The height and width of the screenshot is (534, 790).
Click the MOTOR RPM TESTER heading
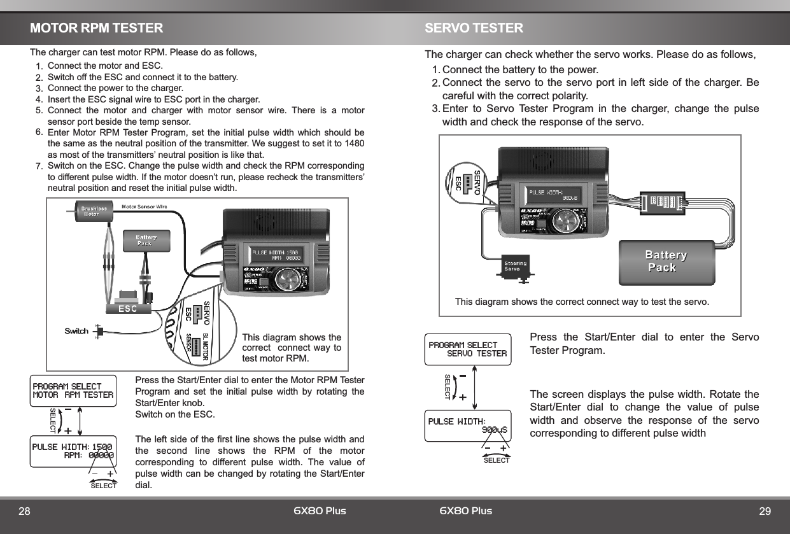coord(96,29)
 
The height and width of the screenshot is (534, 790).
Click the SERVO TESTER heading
coord(474,29)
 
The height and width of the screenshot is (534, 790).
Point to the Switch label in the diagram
coord(76,331)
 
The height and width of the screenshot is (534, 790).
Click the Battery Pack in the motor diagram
coord(146,240)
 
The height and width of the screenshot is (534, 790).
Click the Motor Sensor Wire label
coord(145,206)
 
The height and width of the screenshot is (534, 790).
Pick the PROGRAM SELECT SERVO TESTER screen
coord(468,349)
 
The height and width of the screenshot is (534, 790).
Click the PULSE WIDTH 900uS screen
coord(468,426)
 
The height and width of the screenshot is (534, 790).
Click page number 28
coord(24,512)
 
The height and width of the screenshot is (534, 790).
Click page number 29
coord(765,512)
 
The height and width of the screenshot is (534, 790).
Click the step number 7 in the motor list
coord(39,167)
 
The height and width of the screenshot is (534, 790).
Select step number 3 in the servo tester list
coord(435,108)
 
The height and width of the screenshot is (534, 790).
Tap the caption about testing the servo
coord(582,301)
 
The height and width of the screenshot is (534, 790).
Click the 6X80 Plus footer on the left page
coord(320,511)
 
